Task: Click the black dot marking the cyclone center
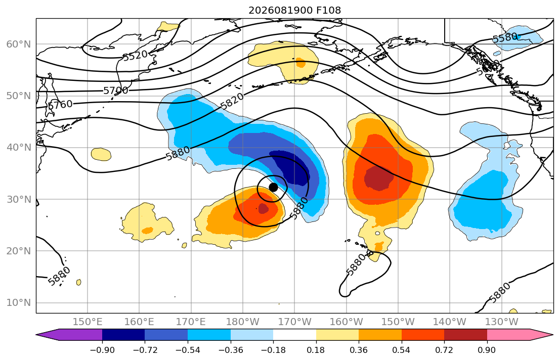[273, 187]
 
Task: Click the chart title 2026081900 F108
[294, 10]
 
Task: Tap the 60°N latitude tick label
[19, 44]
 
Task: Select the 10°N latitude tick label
[19, 303]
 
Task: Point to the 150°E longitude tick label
[88, 322]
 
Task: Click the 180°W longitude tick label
[243, 322]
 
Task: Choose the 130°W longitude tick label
[502, 322]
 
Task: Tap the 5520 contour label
[135, 55]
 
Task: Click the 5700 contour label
[115, 91]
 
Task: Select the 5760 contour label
[60, 105]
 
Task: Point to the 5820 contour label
[232, 101]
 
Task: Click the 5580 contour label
[505, 37]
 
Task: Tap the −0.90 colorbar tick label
[102, 350]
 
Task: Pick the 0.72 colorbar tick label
[444, 350]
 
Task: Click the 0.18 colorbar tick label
[316, 350]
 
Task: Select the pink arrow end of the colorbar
[519, 335]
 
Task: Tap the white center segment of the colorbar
[294, 335]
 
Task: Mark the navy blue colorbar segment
[123, 335]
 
